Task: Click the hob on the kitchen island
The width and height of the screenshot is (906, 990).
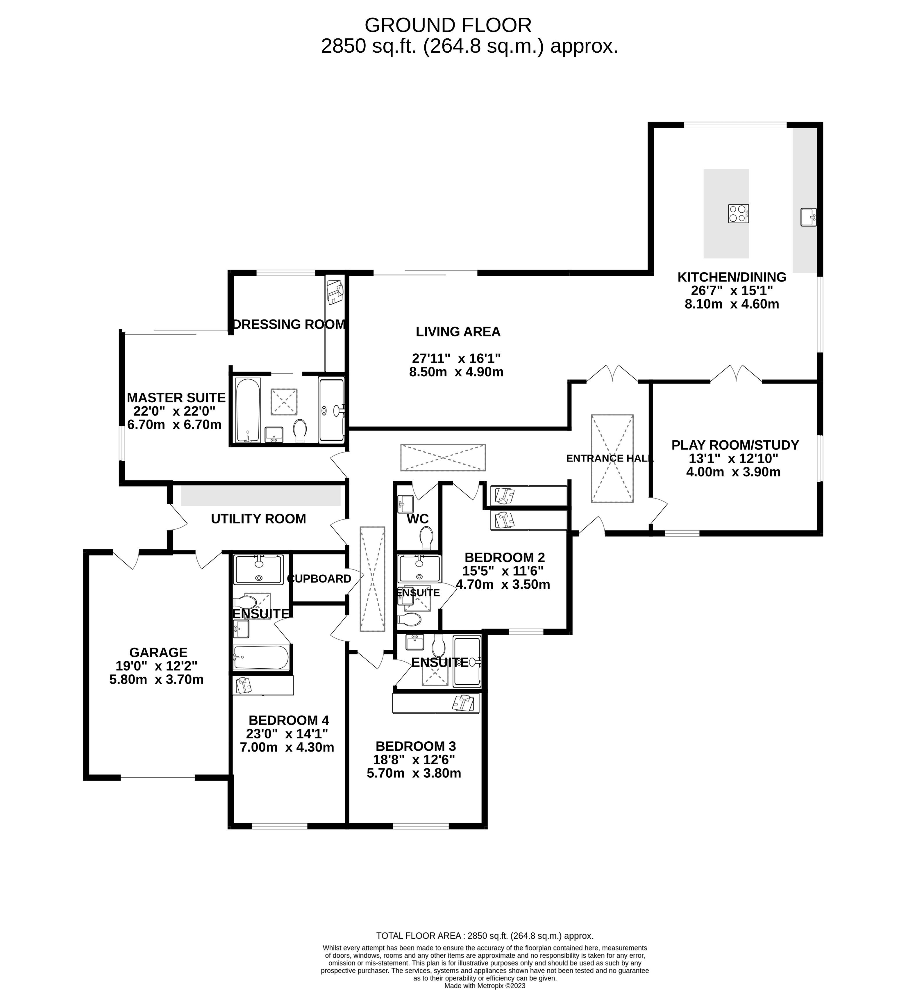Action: click(738, 213)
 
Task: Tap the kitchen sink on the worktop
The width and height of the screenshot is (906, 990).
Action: click(808, 217)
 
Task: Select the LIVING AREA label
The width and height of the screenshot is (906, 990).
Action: click(458, 332)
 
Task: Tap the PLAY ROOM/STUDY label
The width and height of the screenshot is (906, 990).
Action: click(735, 445)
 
